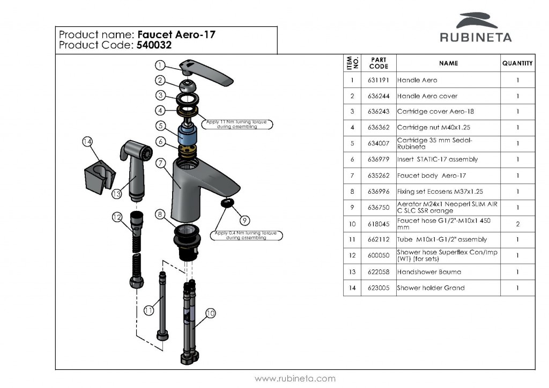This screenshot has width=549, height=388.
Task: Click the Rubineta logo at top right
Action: click(476, 27)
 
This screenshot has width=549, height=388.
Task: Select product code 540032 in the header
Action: click(153, 46)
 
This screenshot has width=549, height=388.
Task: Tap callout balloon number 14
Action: click(87, 142)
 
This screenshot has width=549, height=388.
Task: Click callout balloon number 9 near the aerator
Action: click(244, 220)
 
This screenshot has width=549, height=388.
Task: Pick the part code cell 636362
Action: click(379, 128)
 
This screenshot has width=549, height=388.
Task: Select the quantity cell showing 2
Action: click(517, 224)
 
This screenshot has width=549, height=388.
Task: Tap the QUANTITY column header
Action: click(517, 63)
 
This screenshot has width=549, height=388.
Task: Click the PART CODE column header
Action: click(379, 63)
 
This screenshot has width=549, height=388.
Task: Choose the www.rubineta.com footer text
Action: click(295, 379)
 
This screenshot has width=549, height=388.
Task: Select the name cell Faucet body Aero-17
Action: click(432, 175)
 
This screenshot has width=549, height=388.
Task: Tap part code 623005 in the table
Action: click(379, 288)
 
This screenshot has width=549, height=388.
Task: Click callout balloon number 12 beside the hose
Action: click(117, 217)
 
